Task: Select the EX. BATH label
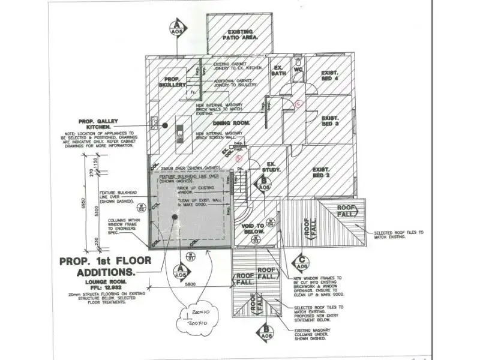278,71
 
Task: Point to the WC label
298,70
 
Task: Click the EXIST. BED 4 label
330,75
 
